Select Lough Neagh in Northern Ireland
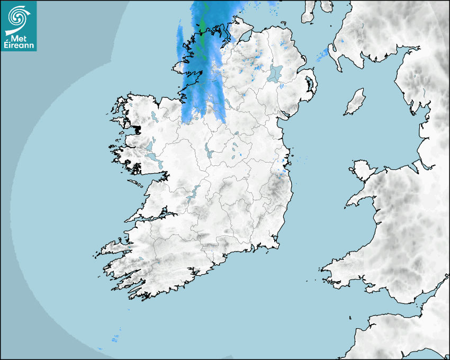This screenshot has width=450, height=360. pyautogui.click(x=275, y=73)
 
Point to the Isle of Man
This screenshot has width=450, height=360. pyautogui.click(x=355, y=102)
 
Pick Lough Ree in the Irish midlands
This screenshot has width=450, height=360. pyautogui.click(x=208, y=152)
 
